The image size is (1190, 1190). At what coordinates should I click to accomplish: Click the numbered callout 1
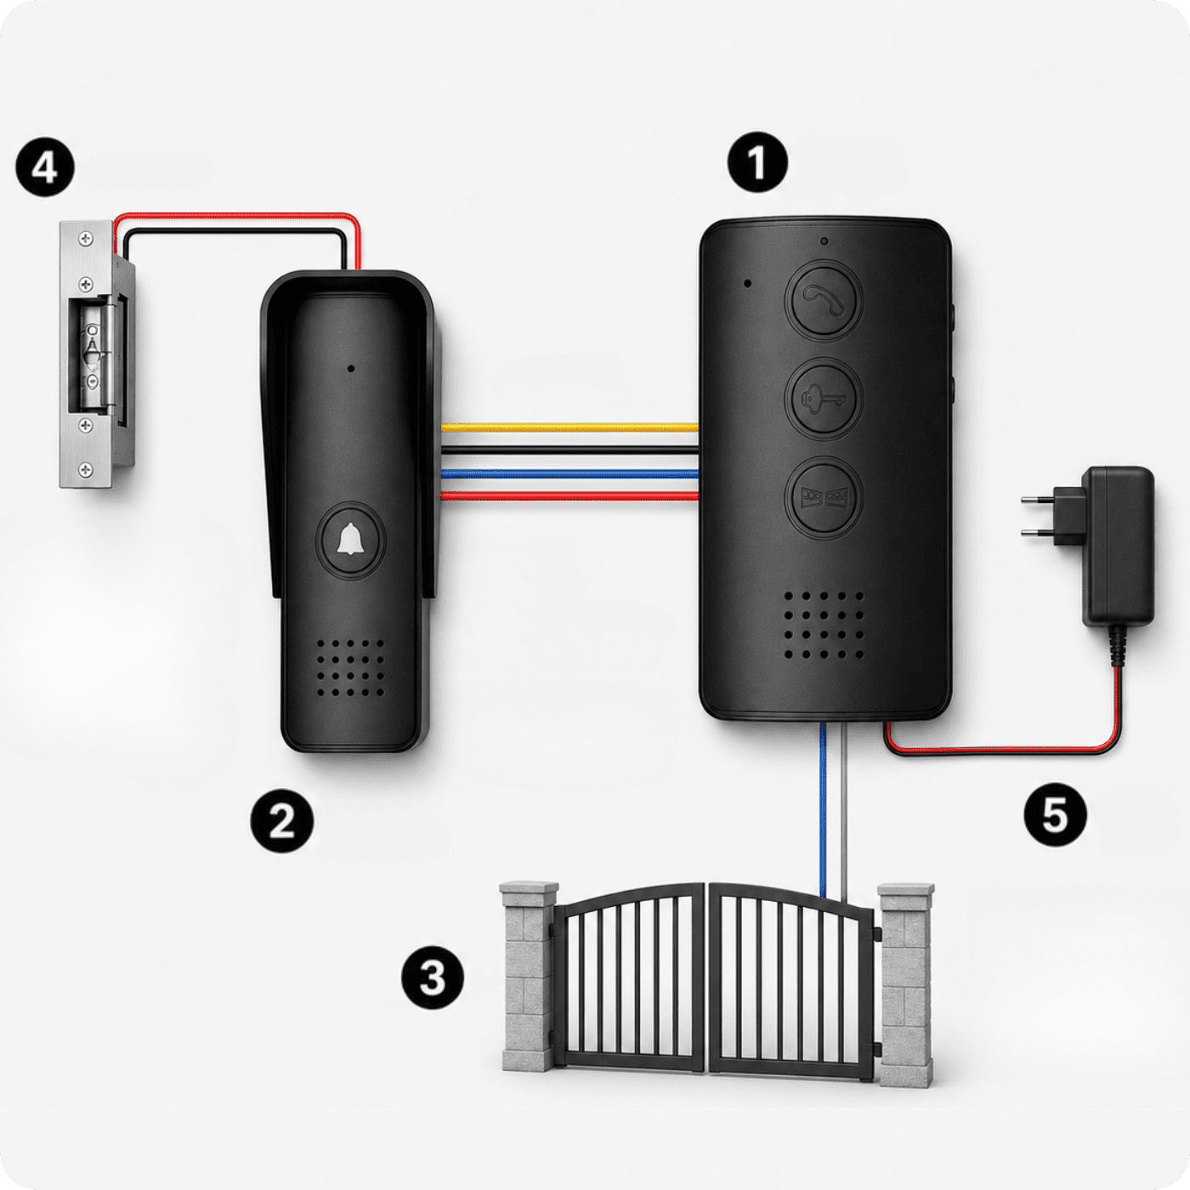click(757, 161)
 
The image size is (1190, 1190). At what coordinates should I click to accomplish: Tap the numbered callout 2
click(281, 821)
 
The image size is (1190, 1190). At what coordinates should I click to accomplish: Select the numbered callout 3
click(433, 977)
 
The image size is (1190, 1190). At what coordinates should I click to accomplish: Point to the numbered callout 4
click(45, 167)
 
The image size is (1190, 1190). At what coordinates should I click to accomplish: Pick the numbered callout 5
click(1055, 814)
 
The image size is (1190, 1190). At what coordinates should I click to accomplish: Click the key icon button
click(823, 399)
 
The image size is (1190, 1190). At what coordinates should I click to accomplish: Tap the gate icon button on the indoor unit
click(823, 497)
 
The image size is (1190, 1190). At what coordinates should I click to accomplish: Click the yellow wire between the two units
click(569, 428)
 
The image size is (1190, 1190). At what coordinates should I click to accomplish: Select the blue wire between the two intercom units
click(569, 473)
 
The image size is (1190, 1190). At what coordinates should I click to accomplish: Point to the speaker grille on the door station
click(350, 667)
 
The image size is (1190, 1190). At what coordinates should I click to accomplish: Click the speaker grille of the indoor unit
click(824, 626)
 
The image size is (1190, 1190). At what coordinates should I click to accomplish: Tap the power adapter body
click(1118, 546)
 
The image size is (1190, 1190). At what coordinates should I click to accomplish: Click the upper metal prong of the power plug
click(1039, 500)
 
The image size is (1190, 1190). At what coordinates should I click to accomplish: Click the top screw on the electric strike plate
click(86, 239)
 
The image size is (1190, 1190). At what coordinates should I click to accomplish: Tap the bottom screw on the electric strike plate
click(87, 470)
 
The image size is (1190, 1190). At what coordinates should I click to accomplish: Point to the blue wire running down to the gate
click(823, 808)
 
